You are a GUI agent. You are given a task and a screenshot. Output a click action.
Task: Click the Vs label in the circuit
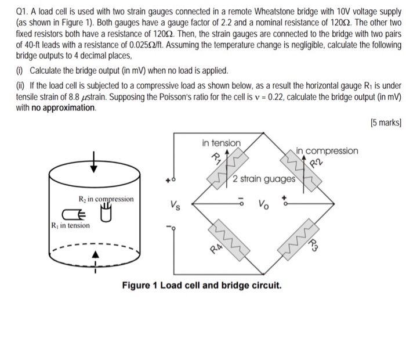click(175, 204)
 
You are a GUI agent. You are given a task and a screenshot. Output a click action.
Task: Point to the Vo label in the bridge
click(263, 204)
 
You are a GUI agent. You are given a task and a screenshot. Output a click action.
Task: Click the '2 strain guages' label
click(264, 178)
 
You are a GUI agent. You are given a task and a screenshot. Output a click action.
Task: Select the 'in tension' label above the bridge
click(221, 143)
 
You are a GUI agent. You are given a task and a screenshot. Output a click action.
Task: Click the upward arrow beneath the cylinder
click(96, 256)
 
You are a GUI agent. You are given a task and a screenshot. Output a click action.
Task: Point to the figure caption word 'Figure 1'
click(139, 286)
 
